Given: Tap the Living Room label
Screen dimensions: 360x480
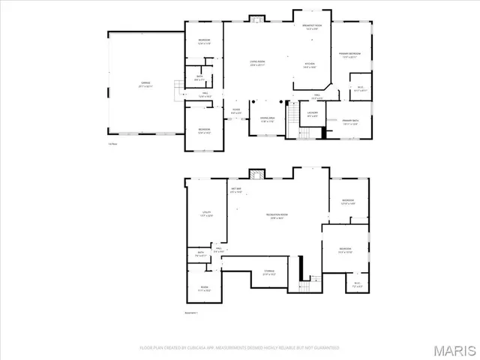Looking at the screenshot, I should click(x=259, y=64).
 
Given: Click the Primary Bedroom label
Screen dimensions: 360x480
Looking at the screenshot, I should click(x=349, y=55).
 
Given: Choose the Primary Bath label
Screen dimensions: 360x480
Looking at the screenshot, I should click(x=350, y=121).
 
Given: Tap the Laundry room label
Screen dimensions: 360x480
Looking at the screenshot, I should click(x=313, y=114).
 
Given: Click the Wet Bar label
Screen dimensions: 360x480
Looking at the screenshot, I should click(x=235, y=190).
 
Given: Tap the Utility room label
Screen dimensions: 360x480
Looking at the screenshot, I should click(x=206, y=214).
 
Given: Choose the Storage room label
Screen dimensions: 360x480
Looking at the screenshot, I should click(x=268, y=272).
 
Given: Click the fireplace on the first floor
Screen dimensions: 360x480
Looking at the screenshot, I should click(x=256, y=19).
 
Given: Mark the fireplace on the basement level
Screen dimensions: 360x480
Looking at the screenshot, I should click(x=256, y=174).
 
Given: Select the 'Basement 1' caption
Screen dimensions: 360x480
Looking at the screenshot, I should click(x=191, y=313).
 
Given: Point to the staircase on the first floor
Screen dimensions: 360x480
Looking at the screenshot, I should click(x=306, y=133).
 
